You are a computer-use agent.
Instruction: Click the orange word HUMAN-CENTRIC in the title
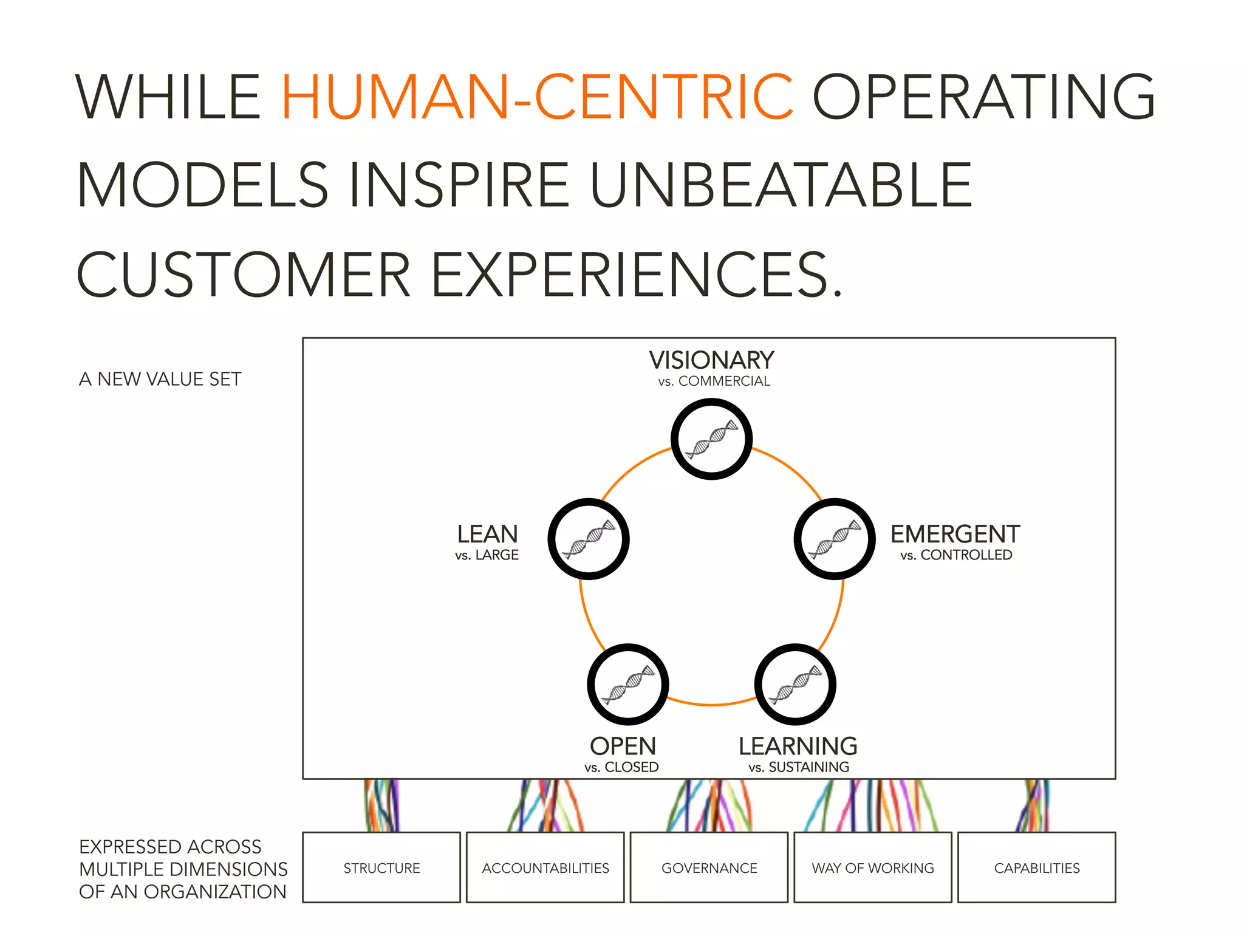[537, 97]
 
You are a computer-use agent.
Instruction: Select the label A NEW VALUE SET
[160, 379]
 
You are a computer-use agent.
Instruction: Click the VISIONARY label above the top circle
[711, 360]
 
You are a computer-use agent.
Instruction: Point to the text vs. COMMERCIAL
[714, 381]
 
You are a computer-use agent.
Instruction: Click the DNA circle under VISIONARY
[711, 439]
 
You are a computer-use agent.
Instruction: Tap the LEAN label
[487, 535]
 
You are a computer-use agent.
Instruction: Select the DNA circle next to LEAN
[588, 539]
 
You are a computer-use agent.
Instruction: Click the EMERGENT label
[955, 535]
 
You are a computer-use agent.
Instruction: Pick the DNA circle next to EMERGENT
[834, 539]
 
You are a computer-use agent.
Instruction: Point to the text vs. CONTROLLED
[956, 555]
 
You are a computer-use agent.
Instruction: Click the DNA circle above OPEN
[627, 684]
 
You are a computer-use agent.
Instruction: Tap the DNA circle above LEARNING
[795, 684]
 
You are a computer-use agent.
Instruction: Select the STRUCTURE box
[381, 867]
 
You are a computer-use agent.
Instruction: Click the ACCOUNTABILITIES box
[545, 867]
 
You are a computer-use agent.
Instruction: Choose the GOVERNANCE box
[709, 867]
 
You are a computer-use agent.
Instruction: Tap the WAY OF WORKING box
[872, 867]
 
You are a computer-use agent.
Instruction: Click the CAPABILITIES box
[1036, 867]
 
